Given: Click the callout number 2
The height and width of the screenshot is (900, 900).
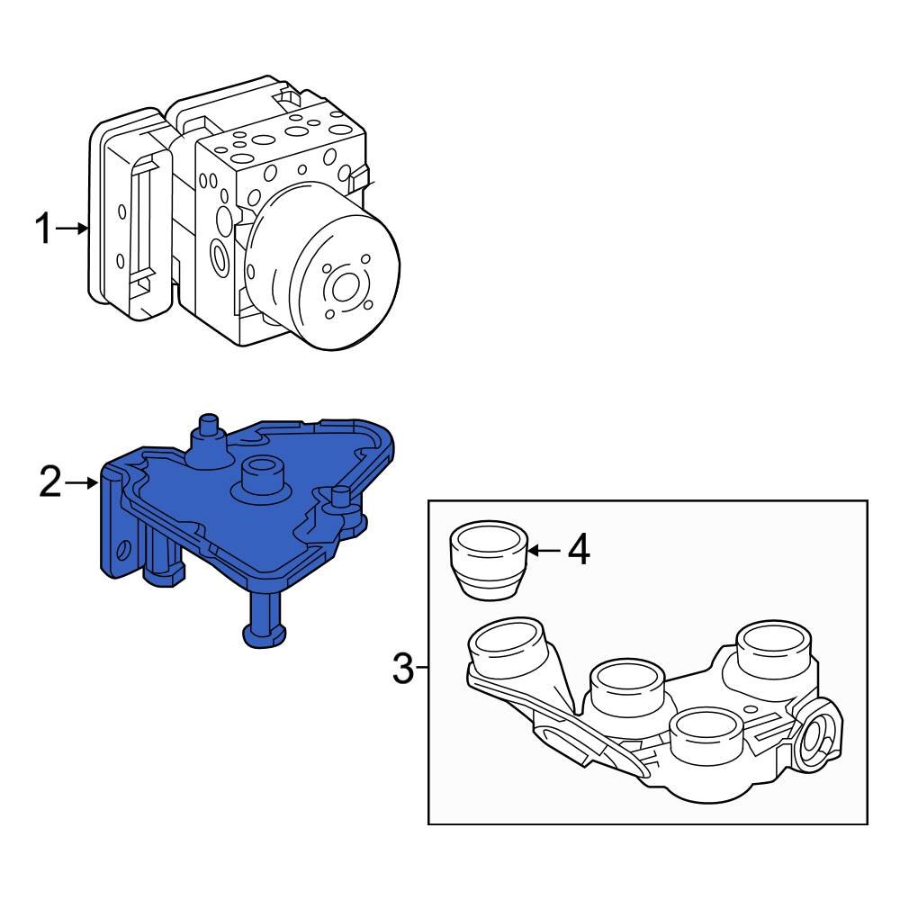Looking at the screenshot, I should [49, 483].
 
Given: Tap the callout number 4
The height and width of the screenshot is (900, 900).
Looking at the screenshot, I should [579, 550].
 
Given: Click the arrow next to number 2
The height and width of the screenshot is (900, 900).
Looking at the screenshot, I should [82, 483].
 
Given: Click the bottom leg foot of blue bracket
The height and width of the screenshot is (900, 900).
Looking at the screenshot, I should [263, 635].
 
